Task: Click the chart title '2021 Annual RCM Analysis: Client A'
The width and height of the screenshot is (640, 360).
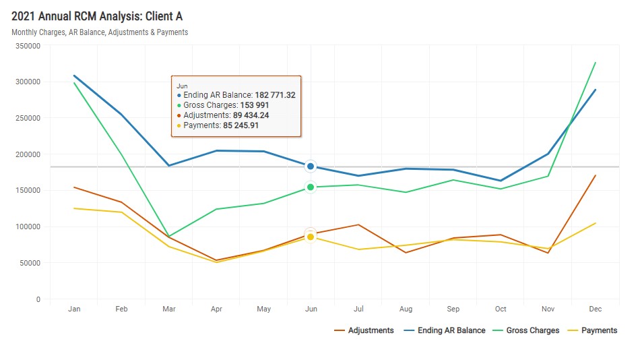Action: tap(97, 16)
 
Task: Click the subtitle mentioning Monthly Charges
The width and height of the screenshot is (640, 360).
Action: tap(100, 32)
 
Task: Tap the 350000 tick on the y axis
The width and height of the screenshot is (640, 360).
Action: tap(28, 45)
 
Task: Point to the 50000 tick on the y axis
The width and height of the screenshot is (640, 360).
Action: tap(30, 263)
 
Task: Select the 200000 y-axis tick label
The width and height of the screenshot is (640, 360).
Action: tap(28, 154)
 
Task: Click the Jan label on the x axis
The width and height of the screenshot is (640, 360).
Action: tap(74, 309)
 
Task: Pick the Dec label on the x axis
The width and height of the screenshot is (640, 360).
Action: tap(595, 309)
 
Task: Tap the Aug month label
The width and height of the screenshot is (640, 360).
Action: tap(406, 309)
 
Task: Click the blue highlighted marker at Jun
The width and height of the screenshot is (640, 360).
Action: tap(311, 167)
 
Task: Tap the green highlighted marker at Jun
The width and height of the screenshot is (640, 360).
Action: tap(311, 187)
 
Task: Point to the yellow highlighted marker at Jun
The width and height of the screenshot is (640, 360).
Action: tap(311, 237)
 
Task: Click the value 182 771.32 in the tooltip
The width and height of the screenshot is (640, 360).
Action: tap(275, 95)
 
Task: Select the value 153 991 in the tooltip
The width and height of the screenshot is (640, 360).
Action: tap(259, 105)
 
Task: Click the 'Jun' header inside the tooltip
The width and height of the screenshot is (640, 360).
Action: tap(182, 86)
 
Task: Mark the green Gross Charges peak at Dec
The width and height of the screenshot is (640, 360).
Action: tap(596, 63)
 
